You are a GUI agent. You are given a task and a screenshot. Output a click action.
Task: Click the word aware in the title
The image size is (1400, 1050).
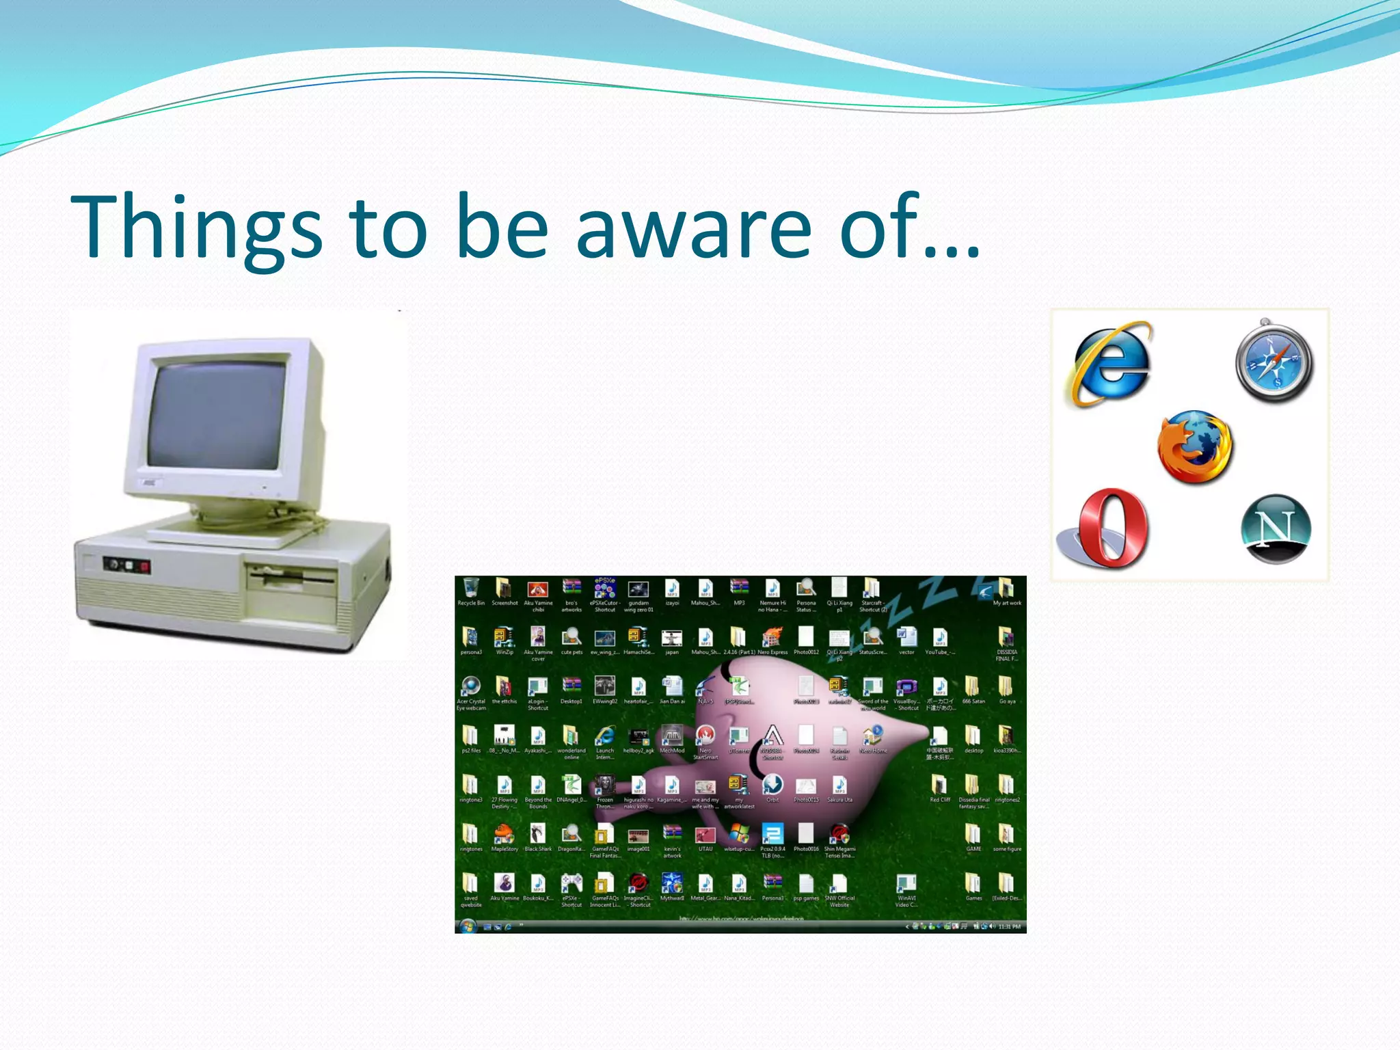pos(694,227)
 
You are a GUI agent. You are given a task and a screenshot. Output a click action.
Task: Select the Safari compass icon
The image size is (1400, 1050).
pos(1274,362)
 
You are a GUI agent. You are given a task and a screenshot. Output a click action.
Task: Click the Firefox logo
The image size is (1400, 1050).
pos(1195,447)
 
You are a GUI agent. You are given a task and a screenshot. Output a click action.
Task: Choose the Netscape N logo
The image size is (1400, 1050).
pos(1275,528)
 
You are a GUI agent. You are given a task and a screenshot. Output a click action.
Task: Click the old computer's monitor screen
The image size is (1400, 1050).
pos(217,416)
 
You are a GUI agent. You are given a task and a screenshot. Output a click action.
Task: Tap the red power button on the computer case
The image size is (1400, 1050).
pos(145,566)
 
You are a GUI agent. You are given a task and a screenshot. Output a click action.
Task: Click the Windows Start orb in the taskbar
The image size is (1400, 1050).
pos(468,926)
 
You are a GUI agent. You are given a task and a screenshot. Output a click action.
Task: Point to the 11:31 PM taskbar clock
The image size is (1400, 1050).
pos(1009,927)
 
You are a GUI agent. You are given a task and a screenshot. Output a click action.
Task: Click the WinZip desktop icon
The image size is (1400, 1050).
pos(504,638)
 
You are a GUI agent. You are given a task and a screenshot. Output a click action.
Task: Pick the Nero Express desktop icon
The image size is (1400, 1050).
pos(772,638)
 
